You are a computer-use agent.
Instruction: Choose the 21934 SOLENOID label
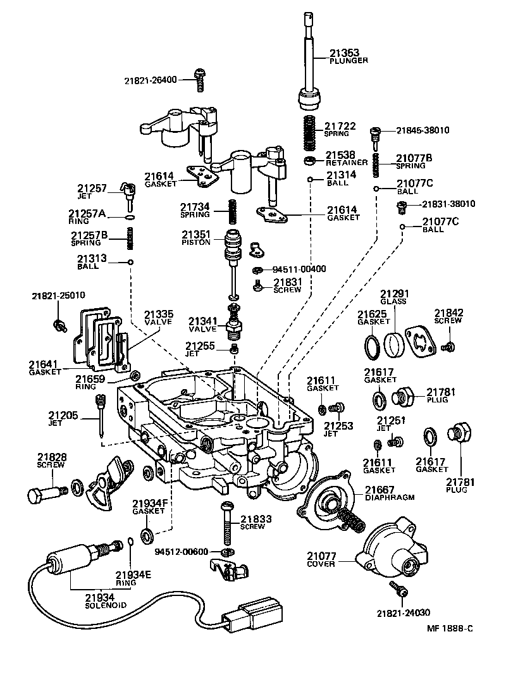[106, 600]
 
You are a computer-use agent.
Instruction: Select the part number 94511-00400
[299, 269]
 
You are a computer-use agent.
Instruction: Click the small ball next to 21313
[130, 263]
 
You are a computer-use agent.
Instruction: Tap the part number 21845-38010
[423, 130]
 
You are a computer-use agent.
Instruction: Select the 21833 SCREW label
[256, 522]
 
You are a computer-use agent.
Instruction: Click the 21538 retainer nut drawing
[311, 159]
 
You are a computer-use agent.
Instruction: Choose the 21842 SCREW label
[448, 316]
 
